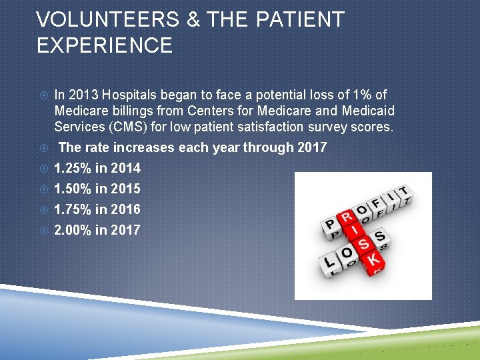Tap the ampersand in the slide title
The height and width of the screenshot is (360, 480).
[193, 20]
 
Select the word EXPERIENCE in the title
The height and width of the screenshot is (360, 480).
[105, 45]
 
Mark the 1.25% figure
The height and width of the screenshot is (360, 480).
[73, 168]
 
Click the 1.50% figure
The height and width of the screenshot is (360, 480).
[73, 189]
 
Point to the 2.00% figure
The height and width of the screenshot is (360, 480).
[73, 230]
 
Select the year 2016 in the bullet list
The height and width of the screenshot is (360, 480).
[125, 209]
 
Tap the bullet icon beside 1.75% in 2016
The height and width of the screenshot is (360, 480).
[43, 209]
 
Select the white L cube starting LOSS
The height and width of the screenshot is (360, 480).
[330, 261]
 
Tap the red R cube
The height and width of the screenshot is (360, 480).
[347, 218]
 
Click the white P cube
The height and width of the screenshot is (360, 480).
[330, 225]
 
